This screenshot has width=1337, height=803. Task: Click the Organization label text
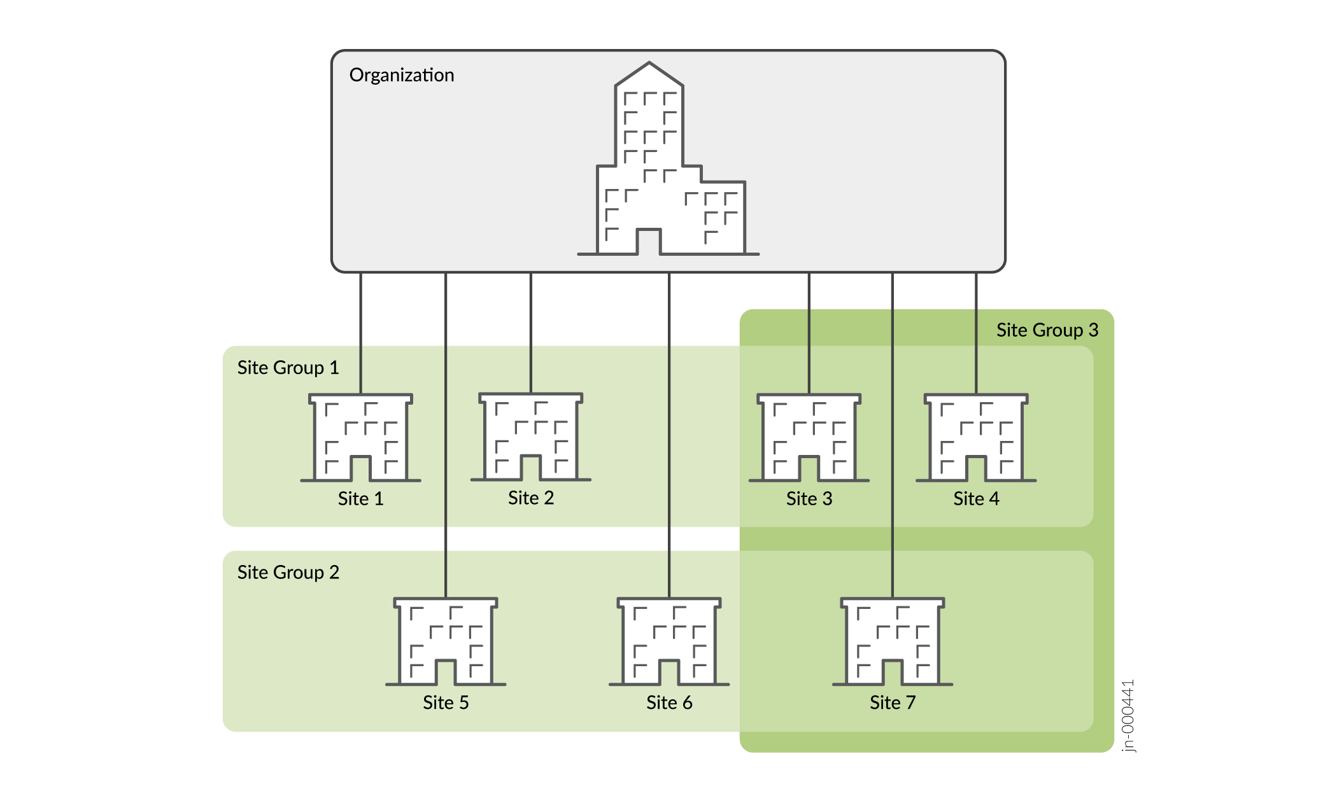pyautogui.click(x=401, y=75)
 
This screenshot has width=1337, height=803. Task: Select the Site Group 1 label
pyautogui.click(x=288, y=368)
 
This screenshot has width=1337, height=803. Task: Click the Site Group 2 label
pyautogui.click(x=288, y=573)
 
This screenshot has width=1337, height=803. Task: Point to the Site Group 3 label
pyautogui.click(x=1047, y=330)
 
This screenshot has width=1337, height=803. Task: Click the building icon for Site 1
pyautogui.click(x=360, y=438)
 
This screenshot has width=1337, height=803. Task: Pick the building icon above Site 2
pyautogui.click(x=530, y=437)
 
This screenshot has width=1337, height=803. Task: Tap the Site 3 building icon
pyautogui.click(x=809, y=438)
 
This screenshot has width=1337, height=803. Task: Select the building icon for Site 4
pyautogui.click(x=975, y=438)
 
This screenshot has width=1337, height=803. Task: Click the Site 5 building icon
pyautogui.click(x=445, y=641)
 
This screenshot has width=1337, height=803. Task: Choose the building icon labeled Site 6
pyautogui.click(x=668, y=641)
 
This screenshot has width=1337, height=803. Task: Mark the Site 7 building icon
pyautogui.click(x=892, y=641)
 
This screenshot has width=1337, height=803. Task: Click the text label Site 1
pyautogui.click(x=360, y=499)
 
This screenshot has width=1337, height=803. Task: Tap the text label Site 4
pyautogui.click(x=975, y=499)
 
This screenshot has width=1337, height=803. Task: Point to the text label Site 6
pyautogui.click(x=668, y=703)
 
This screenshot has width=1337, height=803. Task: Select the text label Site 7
pyautogui.click(x=892, y=703)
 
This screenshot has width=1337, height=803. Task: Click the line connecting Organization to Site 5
pyautogui.click(x=446, y=445)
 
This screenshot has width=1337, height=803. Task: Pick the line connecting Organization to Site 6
pyautogui.click(x=668, y=445)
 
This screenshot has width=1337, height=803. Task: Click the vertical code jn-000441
pyautogui.click(x=1128, y=716)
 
